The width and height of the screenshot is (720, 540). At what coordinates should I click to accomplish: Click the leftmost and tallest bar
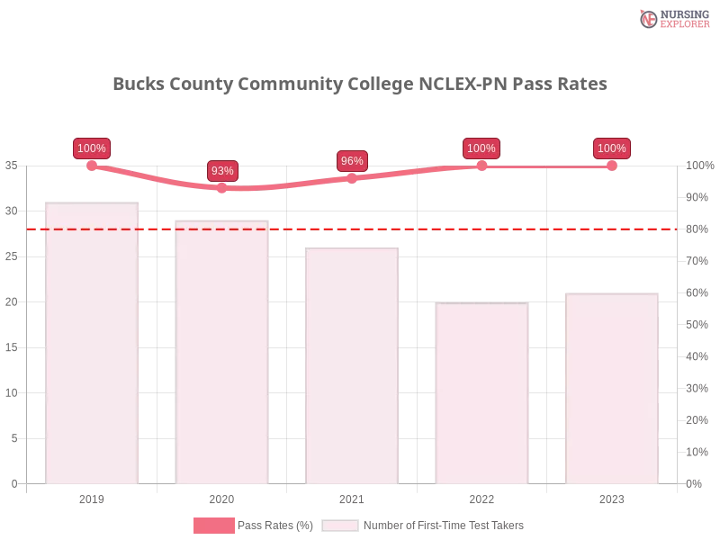point(93,346)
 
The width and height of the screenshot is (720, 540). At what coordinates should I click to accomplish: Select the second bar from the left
point(222,353)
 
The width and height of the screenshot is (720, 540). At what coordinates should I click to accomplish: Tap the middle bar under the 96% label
point(352,367)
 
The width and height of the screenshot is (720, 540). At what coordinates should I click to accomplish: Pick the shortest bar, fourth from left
point(481,393)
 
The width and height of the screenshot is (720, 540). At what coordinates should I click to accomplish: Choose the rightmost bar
point(611,389)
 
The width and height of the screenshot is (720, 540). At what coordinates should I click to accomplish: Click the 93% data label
point(222,170)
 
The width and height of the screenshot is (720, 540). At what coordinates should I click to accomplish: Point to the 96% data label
point(352,161)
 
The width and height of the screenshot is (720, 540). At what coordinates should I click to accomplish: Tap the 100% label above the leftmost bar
point(92,148)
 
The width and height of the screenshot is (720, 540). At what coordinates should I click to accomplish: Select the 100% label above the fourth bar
point(481,148)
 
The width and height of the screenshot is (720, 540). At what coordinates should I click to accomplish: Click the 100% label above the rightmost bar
point(612,148)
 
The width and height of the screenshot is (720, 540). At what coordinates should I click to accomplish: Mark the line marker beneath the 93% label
point(222,188)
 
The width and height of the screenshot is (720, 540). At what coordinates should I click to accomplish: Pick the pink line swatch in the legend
point(213,525)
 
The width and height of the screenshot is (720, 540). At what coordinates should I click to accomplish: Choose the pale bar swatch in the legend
point(340,525)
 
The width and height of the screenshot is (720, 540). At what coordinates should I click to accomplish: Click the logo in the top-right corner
point(672,18)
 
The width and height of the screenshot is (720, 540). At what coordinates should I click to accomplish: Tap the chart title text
point(360,85)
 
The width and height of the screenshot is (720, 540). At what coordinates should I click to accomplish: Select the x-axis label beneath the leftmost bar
point(93,497)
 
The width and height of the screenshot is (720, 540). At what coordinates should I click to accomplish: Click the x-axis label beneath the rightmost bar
point(611,497)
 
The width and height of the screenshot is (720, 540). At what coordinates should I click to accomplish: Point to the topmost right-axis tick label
point(697,165)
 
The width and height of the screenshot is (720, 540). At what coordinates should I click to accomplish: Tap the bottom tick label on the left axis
point(13,482)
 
